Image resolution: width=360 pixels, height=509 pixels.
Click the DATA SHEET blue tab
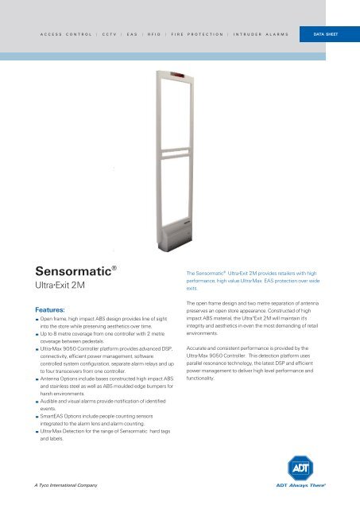(325, 35)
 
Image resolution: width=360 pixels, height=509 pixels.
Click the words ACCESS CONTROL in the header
(66, 35)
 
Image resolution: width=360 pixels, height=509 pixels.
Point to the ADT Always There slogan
(322, 485)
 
